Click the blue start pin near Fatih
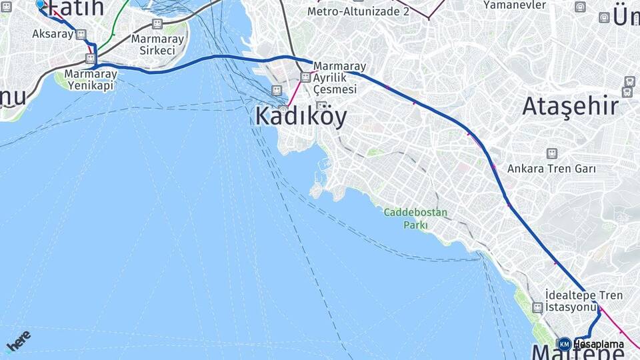39,3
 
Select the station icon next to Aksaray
81,34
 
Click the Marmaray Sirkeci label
157,44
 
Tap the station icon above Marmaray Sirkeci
157,24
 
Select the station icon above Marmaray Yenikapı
91,59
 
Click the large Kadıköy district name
301,117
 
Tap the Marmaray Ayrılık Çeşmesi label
339,77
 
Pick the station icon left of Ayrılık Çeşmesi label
305,77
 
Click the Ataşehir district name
570,106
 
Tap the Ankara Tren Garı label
551,168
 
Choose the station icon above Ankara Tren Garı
551,153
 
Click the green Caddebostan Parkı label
416,219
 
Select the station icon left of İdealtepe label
537,307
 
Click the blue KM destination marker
564,344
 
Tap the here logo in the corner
18,342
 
